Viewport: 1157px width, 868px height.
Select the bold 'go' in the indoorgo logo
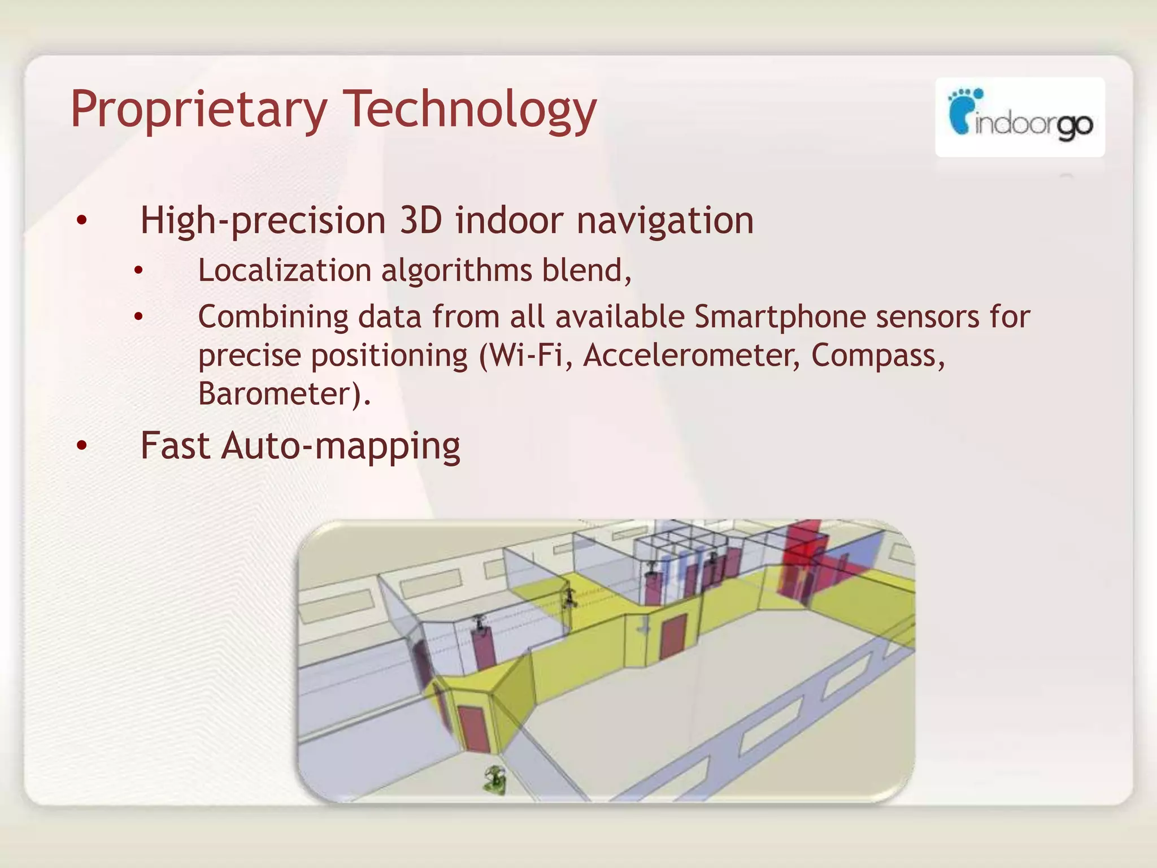pyautogui.click(x=1075, y=125)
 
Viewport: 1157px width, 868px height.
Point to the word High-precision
pyautogui.click(x=263, y=220)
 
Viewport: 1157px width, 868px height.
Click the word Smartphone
pyautogui.click(x=780, y=316)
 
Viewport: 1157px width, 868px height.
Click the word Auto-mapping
pyautogui.click(x=341, y=446)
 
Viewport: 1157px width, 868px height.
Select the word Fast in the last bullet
pyautogui.click(x=175, y=445)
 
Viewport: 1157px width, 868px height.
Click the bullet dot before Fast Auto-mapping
pyautogui.click(x=82, y=446)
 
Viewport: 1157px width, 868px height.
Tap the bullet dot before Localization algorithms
pyautogui.click(x=138, y=271)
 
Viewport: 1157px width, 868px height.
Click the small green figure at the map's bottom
pyautogui.click(x=495, y=780)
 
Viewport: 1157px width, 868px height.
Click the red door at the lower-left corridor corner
pyautogui.click(x=472, y=729)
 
